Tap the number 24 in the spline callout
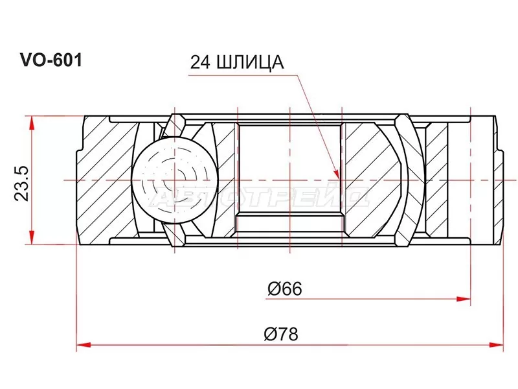pos(199,62)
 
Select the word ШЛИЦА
pos(249,62)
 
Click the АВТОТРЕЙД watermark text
pos(259,197)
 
